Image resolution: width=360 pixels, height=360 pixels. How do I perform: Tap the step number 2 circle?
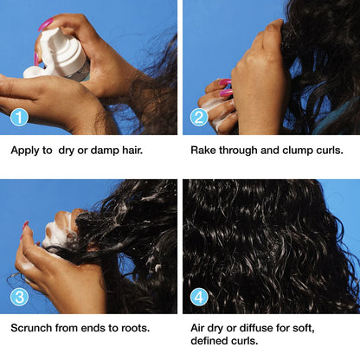pyautogui.click(x=199, y=117)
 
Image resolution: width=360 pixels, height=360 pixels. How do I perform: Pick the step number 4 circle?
pyautogui.click(x=199, y=296)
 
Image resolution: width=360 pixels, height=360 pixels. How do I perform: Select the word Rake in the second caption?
pyautogui.click(x=205, y=149)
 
